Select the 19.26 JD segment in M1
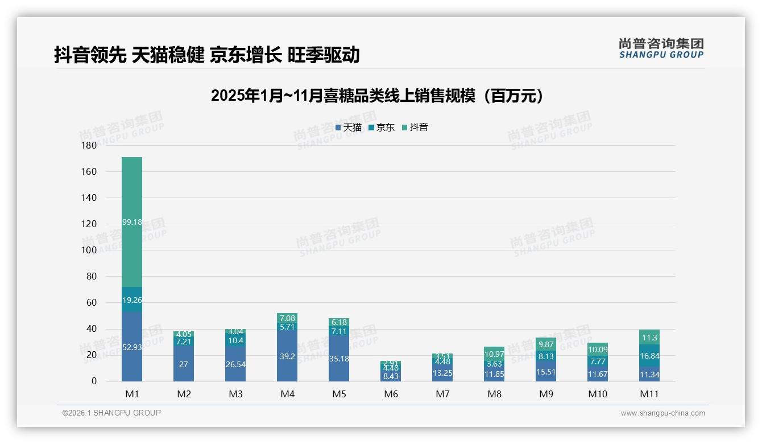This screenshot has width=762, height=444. tap(132, 299)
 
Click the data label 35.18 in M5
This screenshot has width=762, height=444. tap(339, 359)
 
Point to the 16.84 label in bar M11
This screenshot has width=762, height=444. tap(649, 356)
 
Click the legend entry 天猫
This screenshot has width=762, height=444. tap(349, 128)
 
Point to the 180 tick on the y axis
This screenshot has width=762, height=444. tap(89, 146)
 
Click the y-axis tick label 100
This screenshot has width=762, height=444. tap(89, 250)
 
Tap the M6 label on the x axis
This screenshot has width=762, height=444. tap(391, 394)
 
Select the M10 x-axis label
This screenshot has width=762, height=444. tap(598, 394)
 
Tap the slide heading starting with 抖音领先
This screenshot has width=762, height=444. tap(207, 55)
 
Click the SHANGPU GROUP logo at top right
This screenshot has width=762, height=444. tap(661, 48)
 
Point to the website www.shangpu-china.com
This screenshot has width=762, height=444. tap(662, 413)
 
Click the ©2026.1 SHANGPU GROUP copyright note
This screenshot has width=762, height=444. tap(111, 413)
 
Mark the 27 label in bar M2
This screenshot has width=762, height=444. tap(184, 364)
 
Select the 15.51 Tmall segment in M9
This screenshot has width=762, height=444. tap(546, 372)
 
